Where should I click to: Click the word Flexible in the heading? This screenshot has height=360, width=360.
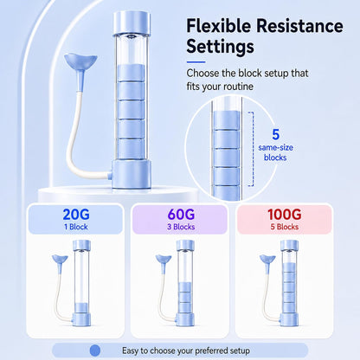click(218, 25)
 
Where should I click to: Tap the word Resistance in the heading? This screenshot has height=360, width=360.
click(299, 25)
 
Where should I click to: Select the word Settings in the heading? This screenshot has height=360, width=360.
click(220, 47)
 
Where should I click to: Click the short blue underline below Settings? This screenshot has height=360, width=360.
click(196, 61)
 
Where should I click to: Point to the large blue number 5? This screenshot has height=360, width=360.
click(276, 135)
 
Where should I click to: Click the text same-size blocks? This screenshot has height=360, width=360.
click(275, 152)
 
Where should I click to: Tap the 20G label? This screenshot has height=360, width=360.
click(76, 215)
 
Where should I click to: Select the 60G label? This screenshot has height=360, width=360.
click(181, 215)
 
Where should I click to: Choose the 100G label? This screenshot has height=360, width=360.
click(285, 215)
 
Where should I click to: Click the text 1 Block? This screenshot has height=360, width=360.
click(76, 227)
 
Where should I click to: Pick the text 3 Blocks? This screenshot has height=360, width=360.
click(181, 227)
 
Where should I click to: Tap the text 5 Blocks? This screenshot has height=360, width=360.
click(285, 227)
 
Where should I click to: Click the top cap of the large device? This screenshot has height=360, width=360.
click(132, 23)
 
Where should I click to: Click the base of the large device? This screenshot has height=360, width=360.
click(132, 175)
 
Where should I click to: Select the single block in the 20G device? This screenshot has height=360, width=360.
click(81, 308)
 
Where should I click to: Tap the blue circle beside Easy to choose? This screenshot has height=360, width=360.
click(95, 350)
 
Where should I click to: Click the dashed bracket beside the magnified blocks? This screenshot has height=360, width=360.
click(252, 149)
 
